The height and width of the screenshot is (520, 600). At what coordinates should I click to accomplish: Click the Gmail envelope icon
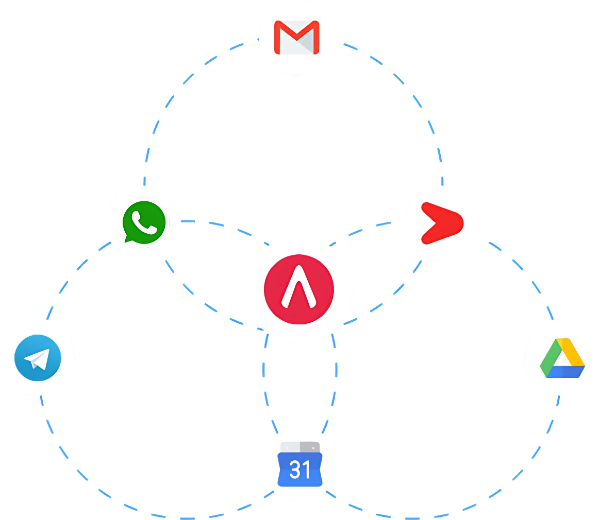296,38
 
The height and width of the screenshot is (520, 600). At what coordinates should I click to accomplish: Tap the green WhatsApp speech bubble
144,223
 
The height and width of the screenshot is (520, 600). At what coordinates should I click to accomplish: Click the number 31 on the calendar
299,470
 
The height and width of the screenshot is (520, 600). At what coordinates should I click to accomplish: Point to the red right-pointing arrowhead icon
442,223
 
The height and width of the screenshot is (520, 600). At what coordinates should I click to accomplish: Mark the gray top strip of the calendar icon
299,446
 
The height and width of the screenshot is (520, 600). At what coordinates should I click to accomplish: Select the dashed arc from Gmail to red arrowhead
412,93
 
